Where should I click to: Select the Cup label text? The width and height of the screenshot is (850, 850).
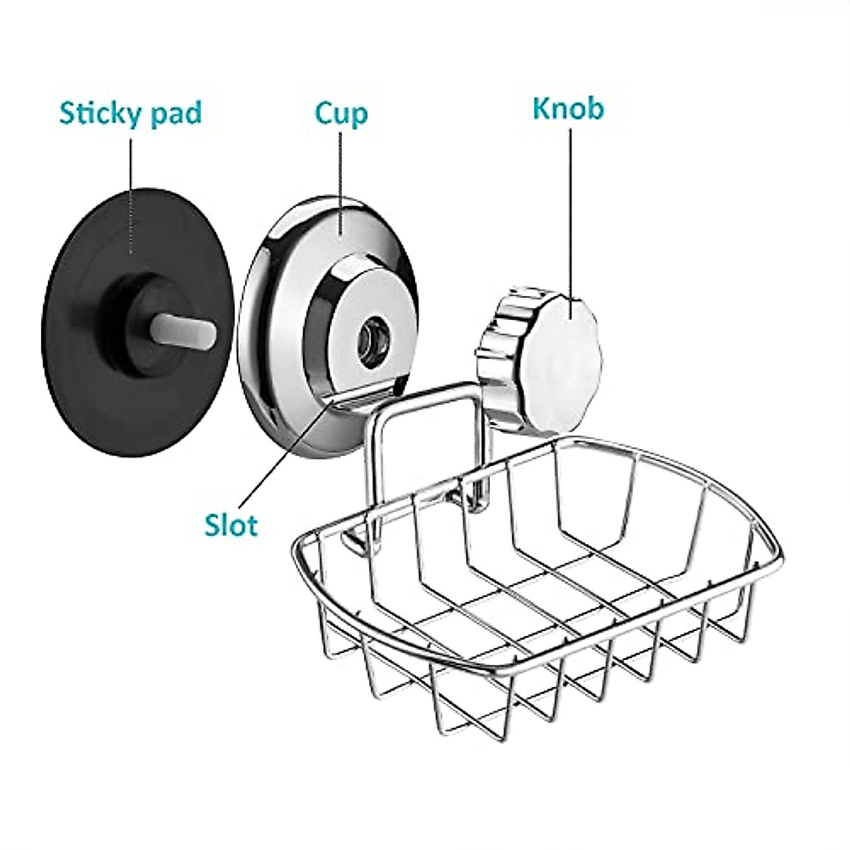341,113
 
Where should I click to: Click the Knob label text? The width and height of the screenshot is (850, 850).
568,110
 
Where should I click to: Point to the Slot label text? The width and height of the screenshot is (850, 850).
231,525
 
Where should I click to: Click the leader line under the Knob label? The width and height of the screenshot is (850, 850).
571,212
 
